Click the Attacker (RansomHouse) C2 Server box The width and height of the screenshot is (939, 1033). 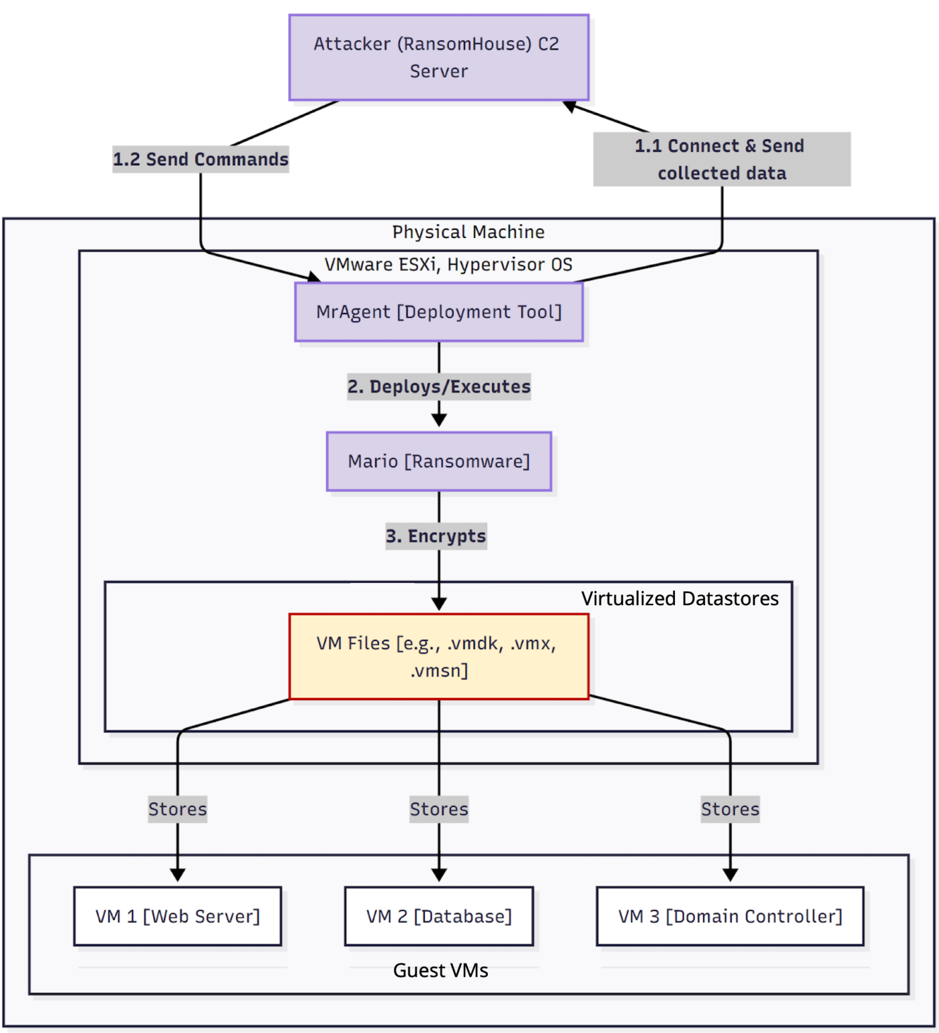point(439,58)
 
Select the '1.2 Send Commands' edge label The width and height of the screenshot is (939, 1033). point(200,159)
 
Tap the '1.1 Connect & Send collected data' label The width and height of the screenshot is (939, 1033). point(721,159)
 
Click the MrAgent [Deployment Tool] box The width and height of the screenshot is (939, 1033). point(439,312)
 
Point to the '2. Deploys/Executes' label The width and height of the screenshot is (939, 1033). point(439,387)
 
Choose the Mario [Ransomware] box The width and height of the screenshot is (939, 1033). point(439,461)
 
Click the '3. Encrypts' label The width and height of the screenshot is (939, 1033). point(436,536)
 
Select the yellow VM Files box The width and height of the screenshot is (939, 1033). point(439,656)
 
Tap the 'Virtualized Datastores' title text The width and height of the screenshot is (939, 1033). point(680,599)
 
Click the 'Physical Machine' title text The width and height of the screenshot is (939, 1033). point(468,232)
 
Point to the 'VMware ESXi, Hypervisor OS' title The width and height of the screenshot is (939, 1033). point(448,264)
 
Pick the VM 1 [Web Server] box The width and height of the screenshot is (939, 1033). point(177,916)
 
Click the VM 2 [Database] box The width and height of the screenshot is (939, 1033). point(439,916)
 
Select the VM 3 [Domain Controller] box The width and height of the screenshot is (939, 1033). point(730,916)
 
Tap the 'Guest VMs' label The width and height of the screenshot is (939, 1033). point(440,970)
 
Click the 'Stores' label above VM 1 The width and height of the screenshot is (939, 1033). point(177,809)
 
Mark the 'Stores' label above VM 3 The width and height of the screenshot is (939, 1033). point(730,809)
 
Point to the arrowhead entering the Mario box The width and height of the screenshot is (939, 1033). point(439,420)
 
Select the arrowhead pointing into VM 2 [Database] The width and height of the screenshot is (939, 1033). point(439,874)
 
